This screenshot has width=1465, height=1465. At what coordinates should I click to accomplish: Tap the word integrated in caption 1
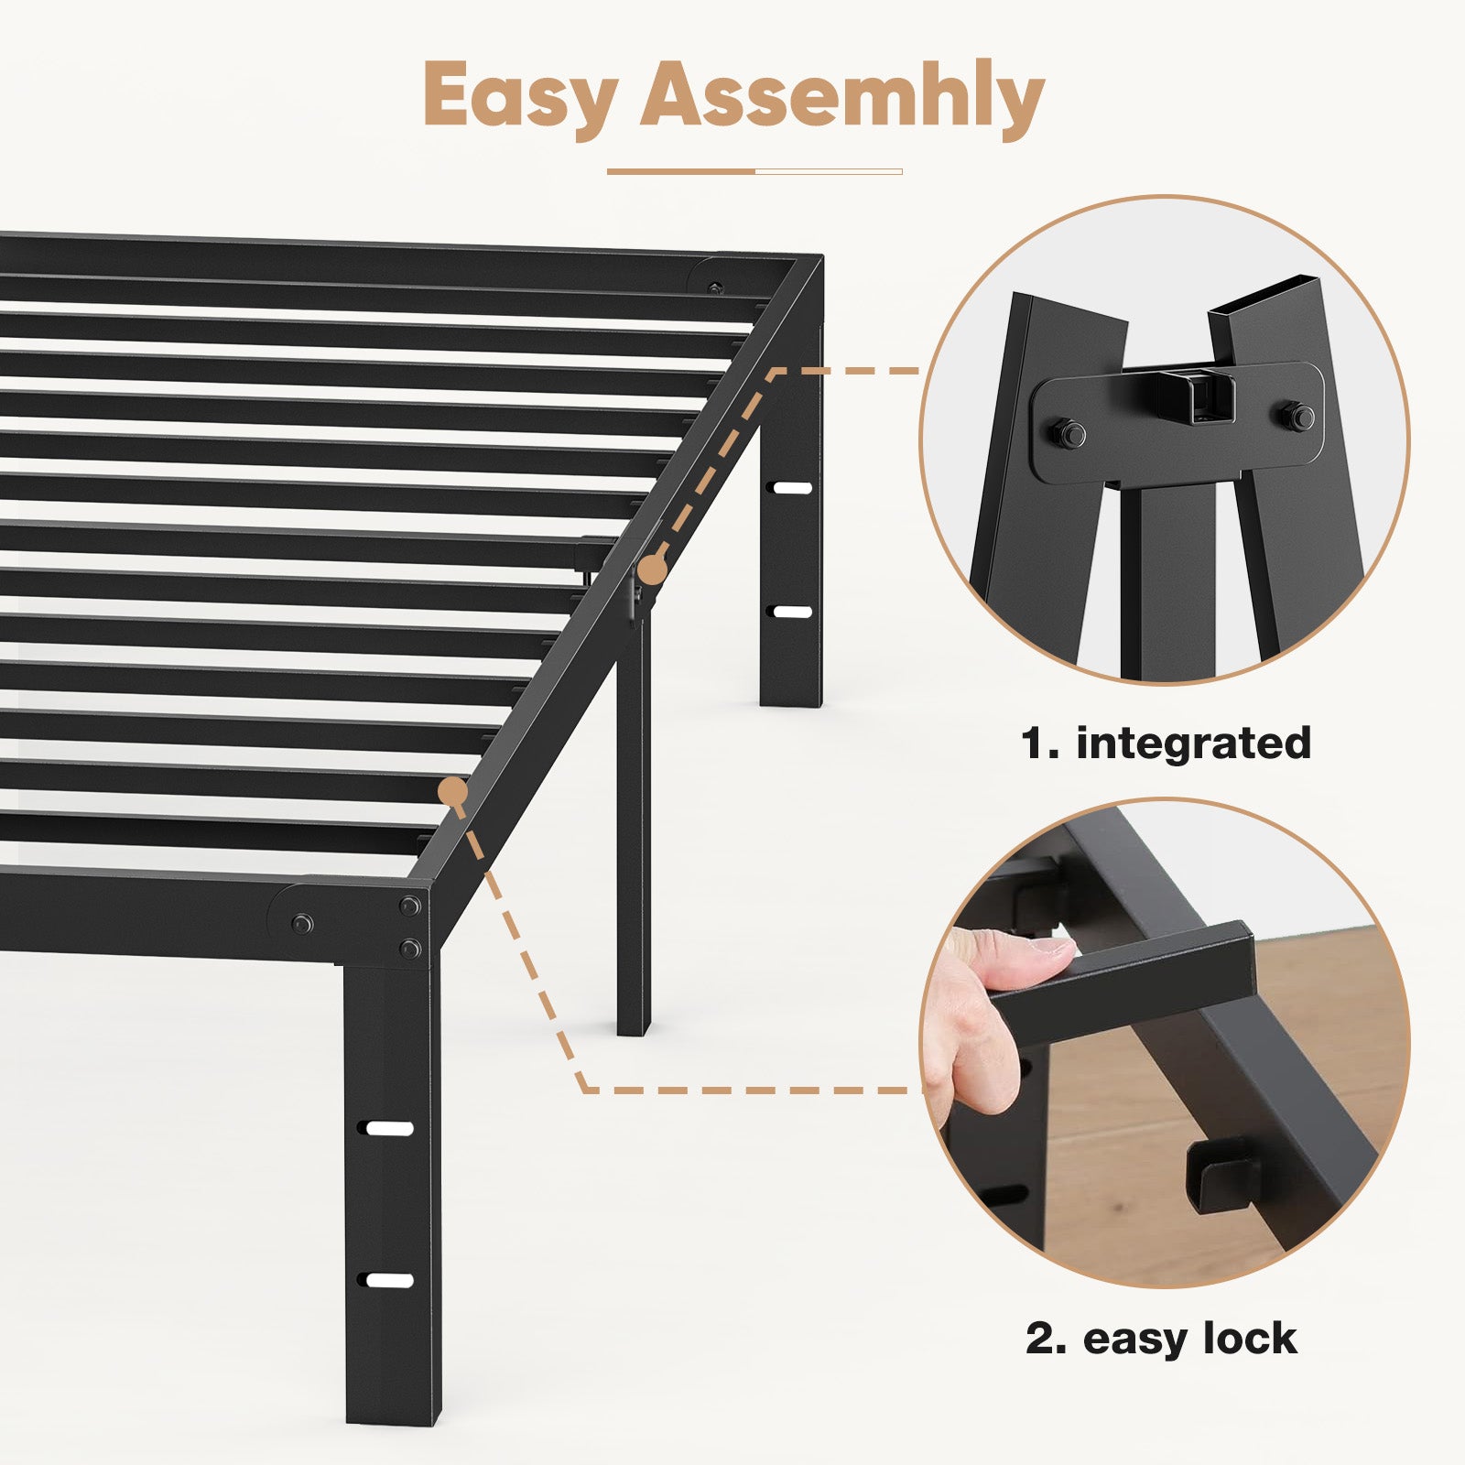(1194, 743)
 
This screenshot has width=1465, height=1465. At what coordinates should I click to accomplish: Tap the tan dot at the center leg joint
(652, 570)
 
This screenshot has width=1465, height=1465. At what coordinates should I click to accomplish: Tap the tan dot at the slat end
(453, 791)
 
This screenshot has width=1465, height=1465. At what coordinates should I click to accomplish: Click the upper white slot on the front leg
(390, 1128)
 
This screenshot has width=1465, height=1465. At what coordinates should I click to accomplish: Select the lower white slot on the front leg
(390, 1280)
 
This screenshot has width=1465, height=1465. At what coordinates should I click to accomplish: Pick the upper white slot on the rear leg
(792, 488)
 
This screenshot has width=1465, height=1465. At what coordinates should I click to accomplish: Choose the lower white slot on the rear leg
(792, 612)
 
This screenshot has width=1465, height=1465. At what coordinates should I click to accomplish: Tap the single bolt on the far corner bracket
(714, 288)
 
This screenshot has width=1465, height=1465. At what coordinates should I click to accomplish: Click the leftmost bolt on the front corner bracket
(301, 924)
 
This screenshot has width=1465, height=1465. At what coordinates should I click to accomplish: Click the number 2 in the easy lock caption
(1041, 1340)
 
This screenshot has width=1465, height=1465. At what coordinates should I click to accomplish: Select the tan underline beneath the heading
(754, 171)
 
